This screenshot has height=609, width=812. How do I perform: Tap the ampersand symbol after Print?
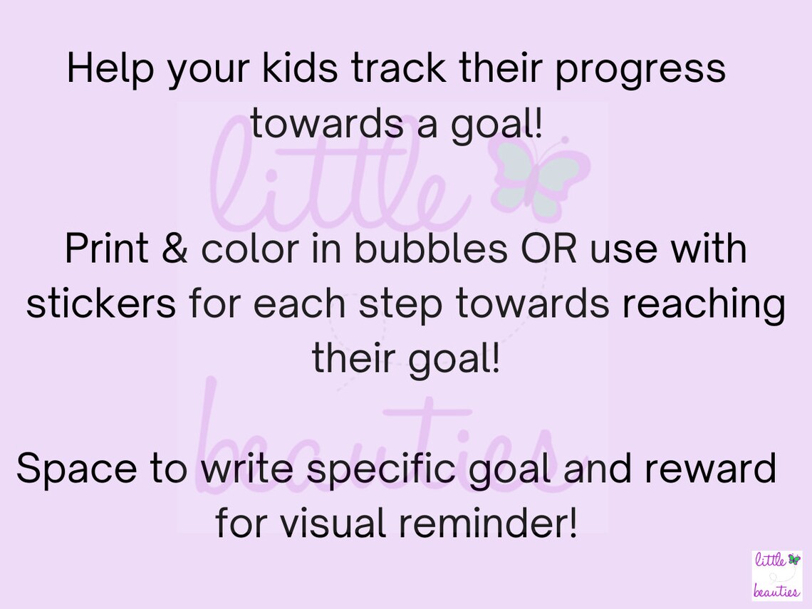tap(173, 249)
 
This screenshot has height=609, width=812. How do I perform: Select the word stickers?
tap(100, 304)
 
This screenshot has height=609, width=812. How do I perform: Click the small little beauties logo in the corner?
tap(776, 575)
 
